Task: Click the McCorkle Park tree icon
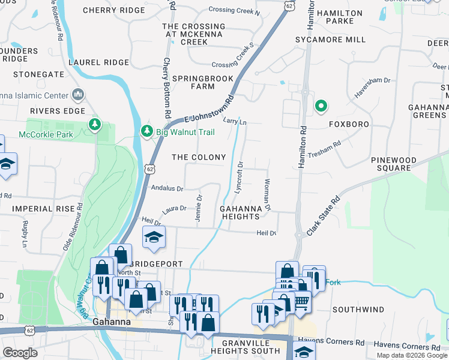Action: click(x=94, y=124)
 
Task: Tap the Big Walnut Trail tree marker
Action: click(x=146, y=130)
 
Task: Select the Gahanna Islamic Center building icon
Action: click(x=77, y=94)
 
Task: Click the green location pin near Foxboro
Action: click(x=321, y=107)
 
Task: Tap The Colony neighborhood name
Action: click(x=199, y=157)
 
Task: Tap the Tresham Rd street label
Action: click(x=324, y=149)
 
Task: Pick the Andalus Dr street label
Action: click(x=167, y=188)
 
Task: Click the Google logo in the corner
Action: click(x=20, y=353)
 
